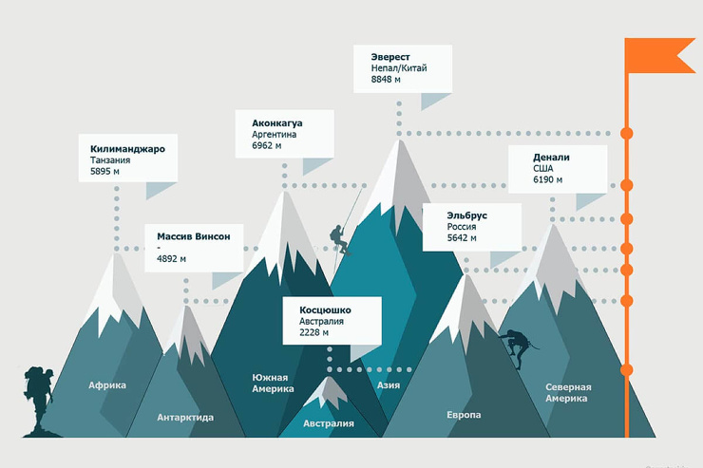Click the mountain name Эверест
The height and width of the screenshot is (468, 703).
coord(390,57)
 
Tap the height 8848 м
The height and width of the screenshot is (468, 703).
coord(386,80)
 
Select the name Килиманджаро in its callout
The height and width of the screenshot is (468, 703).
coord(127,149)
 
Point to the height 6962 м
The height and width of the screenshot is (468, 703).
coord(266,145)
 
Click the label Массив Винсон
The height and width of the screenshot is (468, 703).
coord(193,236)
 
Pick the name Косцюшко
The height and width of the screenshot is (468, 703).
coord(325,309)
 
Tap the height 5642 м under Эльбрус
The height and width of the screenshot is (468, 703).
coord(462,238)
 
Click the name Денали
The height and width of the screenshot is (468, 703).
coord(551,158)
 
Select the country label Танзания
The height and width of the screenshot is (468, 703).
coord(110,160)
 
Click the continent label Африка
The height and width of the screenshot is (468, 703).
coord(107,385)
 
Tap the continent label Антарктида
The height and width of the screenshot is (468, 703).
coord(185,418)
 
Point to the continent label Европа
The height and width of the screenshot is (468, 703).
coord(464,415)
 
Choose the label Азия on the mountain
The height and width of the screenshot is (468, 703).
coord(389,385)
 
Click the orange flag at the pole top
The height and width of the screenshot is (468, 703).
coord(660,55)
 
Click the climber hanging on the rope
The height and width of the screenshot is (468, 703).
coord(339,240)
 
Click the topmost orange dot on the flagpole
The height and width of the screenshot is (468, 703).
coord(626,134)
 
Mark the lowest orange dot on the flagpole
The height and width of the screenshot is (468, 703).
coord(626,370)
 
